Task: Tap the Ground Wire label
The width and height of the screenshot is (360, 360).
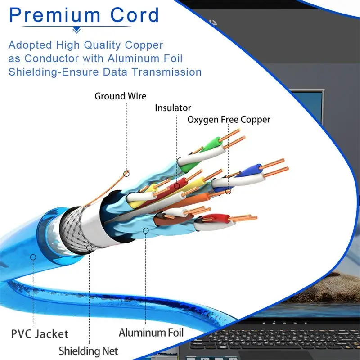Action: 120,96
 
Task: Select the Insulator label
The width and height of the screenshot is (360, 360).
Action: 173,108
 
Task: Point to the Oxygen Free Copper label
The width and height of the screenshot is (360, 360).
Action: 229,120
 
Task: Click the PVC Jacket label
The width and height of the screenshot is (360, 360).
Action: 40,334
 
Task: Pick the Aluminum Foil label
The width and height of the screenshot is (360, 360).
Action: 151,333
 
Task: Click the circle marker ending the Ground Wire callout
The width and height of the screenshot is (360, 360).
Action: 126,173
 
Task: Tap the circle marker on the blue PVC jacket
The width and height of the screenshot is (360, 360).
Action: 32,257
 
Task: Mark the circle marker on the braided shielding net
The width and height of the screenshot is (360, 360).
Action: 89,247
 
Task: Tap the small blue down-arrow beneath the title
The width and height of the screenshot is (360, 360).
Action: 77,30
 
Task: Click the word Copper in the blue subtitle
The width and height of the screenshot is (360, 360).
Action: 144,45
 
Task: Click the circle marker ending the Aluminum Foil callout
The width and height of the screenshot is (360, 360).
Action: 145,230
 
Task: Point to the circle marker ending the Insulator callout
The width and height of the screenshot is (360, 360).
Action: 177,185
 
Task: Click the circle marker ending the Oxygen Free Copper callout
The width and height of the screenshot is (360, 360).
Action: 228,192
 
